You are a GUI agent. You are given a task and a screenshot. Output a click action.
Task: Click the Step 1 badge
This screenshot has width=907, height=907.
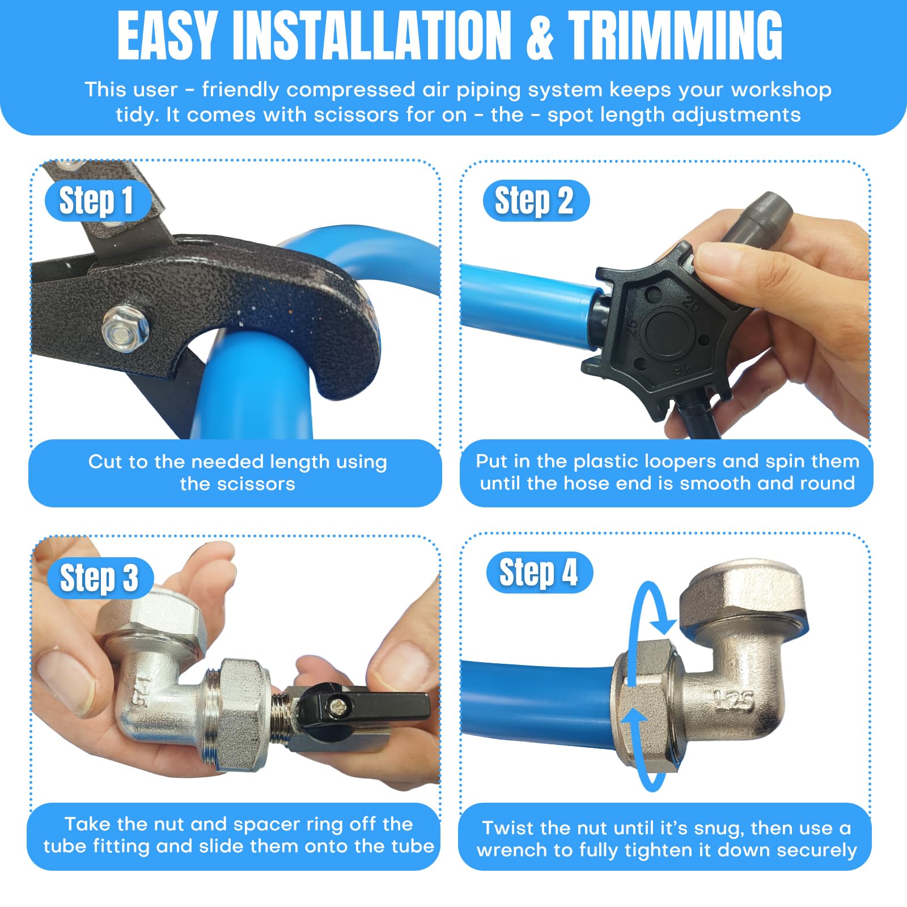pos(98,200)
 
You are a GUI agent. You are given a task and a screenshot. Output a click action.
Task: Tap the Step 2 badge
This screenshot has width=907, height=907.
pos(536,200)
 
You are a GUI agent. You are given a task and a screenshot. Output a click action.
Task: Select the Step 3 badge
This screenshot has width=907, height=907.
pos(100,578)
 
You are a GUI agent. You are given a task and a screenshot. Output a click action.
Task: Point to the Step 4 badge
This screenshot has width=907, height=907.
pos(540,573)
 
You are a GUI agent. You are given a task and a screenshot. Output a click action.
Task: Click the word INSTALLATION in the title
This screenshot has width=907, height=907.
pos(371,36)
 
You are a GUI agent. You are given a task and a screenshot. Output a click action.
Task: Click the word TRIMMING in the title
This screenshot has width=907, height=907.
pos(676,36)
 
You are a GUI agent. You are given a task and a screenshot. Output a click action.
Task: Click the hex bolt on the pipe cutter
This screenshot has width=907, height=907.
pos(126,329)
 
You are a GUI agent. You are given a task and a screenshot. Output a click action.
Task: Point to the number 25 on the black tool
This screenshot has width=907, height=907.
pos(631,328)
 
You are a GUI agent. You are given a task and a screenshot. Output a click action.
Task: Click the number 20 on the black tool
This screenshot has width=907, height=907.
pos(691,303)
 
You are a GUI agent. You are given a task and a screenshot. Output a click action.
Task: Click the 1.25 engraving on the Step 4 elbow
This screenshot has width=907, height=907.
pos(734,701)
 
